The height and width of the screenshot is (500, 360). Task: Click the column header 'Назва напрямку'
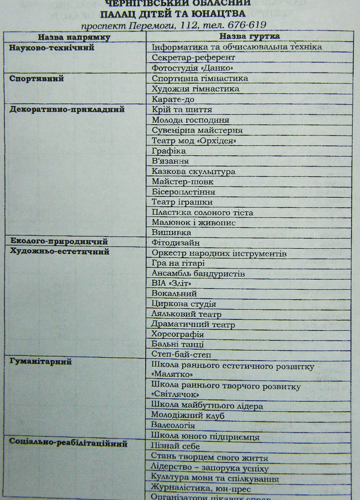(74, 36)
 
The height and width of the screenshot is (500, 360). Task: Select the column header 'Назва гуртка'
(250, 36)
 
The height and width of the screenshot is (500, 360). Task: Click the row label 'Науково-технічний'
(52, 47)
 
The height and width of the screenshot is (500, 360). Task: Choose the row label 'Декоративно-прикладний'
(67, 109)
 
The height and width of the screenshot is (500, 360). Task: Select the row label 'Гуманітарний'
(40, 362)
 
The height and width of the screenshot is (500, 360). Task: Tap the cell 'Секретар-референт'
(193, 58)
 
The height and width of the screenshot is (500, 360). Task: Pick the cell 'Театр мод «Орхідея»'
(194, 141)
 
